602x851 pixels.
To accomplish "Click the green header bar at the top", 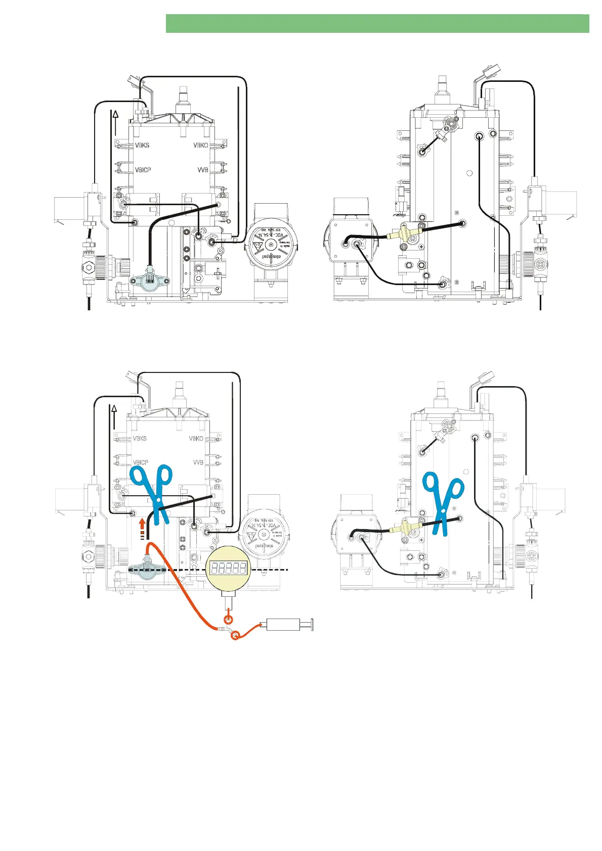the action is tap(377, 24).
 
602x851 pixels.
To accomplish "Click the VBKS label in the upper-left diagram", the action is tap(142, 145).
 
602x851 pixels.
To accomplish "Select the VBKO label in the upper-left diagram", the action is tap(201, 145).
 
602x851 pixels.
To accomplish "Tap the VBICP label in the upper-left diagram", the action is tap(143, 170).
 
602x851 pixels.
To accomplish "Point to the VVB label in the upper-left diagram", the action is tap(203, 170).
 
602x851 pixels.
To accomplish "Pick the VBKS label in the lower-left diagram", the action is tap(140, 438).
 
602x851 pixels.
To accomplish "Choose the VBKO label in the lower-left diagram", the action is tap(196, 438).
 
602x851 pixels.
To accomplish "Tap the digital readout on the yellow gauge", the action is tap(228, 568).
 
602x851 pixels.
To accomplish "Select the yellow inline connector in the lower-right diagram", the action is tap(402, 527).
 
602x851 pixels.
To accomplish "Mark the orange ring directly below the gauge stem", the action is tap(229, 620).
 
